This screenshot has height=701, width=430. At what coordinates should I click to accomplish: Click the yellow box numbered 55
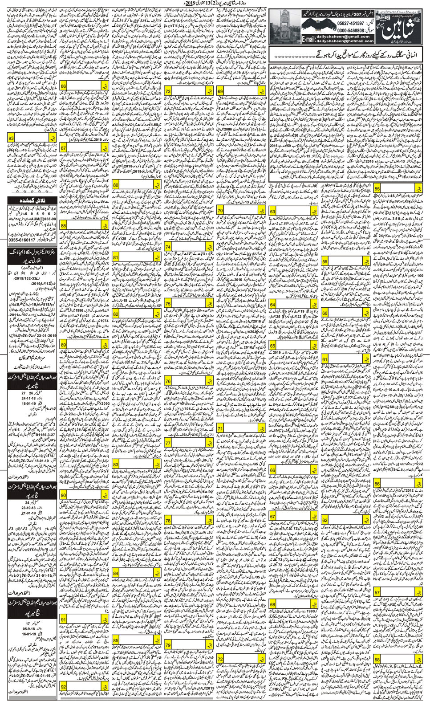pyautogui.click(x=377, y=189)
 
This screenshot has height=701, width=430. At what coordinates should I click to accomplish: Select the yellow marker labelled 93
pyautogui.click(x=12, y=139)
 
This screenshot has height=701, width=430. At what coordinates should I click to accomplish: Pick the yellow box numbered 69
pyautogui.click(x=220, y=91)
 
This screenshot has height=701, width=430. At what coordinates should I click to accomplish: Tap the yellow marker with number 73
pyautogui.click(x=168, y=91)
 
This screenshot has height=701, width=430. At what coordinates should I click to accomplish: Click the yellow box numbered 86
pyautogui.click(x=64, y=86)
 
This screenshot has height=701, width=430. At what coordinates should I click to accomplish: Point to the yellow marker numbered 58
pyautogui.click(x=377, y=660)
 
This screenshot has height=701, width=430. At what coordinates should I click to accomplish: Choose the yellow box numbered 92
pyautogui.click(x=64, y=686)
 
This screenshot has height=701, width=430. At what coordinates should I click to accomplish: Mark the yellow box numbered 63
pyautogui.click(x=272, y=212)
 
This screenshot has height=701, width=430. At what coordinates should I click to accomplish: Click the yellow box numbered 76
pyautogui.click(x=168, y=381)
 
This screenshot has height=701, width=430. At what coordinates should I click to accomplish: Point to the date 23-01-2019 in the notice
pyautogui.click(x=38, y=336)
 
